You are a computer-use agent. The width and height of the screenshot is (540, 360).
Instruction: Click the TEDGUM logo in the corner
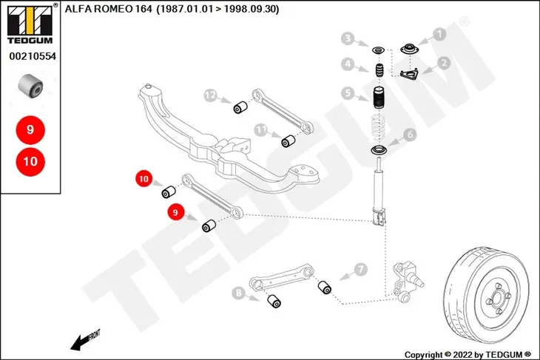(30, 24)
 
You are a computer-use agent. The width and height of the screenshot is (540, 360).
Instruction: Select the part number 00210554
(33, 56)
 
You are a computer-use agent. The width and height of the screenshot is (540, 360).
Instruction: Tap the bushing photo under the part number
(30, 85)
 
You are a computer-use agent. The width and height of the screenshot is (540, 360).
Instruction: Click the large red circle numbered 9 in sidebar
(30, 130)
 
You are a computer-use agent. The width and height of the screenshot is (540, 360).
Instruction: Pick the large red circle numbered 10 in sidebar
(30, 161)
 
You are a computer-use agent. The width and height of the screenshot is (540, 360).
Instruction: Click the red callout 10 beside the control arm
(144, 179)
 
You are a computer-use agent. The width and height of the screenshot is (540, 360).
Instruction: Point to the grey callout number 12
(210, 95)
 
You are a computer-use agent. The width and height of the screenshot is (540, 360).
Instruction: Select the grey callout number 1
(439, 34)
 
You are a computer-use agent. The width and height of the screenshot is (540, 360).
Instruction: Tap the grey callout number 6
(410, 135)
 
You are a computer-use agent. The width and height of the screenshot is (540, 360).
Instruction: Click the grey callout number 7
(360, 270)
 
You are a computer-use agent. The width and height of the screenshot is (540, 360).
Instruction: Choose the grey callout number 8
(238, 293)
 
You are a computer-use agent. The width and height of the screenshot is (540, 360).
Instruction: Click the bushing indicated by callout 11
(288, 141)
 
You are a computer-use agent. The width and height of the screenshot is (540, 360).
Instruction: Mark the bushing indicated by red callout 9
(209, 225)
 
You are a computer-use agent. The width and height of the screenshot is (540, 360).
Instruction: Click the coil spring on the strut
(379, 129)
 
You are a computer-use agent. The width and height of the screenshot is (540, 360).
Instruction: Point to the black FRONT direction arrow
(81, 342)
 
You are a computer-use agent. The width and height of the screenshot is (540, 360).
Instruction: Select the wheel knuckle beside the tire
(407, 282)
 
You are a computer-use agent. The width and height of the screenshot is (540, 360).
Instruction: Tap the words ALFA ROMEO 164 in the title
(108, 9)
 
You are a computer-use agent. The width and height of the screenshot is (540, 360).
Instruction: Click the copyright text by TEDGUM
(468, 355)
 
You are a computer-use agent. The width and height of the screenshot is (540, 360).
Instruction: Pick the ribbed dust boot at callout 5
(379, 98)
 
